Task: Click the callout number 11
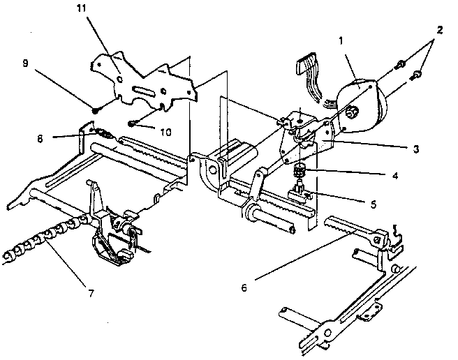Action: tap(82, 8)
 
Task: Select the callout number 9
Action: tap(26, 63)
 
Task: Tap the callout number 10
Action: tap(165, 133)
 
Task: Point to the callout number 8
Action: tap(40, 138)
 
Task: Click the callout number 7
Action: tap(91, 293)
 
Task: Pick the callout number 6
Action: tap(244, 288)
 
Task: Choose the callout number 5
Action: tap(374, 204)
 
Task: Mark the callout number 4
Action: tap(395, 176)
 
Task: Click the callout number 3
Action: tap(416, 149)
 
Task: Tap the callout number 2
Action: tap(440, 30)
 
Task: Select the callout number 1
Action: tap(341, 41)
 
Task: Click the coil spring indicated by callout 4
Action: tap(299, 170)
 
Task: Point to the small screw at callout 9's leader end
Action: tap(95, 111)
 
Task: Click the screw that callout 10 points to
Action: tap(131, 124)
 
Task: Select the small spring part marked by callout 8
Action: tap(102, 133)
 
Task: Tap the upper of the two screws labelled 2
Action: tap(400, 64)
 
